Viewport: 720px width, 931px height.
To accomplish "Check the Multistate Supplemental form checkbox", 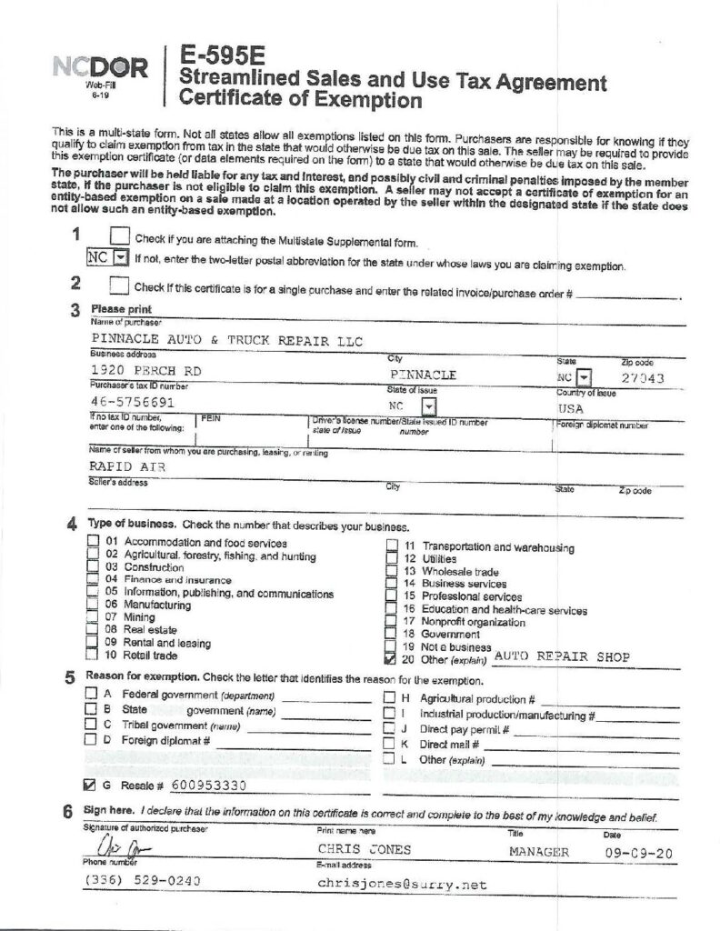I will click(119, 239).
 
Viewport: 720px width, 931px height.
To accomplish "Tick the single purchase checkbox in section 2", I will click(117, 285).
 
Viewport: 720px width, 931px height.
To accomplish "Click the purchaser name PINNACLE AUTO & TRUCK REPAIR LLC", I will click(226, 341).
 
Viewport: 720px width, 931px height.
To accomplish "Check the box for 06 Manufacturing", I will click(92, 604).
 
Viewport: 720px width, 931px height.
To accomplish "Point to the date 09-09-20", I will click(635, 853).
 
